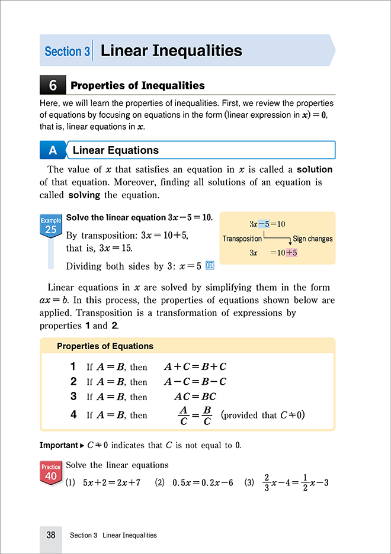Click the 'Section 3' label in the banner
coord(67,51)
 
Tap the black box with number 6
coord(52,86)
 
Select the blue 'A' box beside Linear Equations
coord(52,150)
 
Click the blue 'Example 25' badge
coord(50,224)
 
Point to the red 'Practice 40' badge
coord(50,471)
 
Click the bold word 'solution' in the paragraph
coord(315,169)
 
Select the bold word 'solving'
coord(84,195)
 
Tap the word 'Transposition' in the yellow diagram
coord(242,239)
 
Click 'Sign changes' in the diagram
coord(313,239)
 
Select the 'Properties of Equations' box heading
coord(105,346)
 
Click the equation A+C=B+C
coord(195,366)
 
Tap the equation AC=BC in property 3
coord(195,397)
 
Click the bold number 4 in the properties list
coord(73,415)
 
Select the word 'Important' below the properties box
coord(59,445)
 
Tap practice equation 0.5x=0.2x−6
coord(200,482)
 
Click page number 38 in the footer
coord(51,535)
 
